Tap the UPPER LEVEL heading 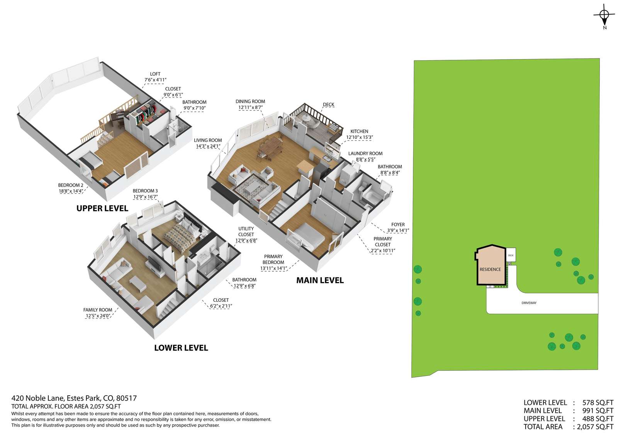click(102, 208)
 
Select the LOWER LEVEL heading click(181, 348)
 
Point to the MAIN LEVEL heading click(320, 280)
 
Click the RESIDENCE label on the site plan click(490, 269)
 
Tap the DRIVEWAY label click(529, 303)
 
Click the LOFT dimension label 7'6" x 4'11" click(155, 80)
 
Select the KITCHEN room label click(359, 131)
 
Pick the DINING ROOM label click(250, 102)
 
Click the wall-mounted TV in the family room click(154, 264)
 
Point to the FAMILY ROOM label click(98, 310)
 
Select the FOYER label click(398, 225)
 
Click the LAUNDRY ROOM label click(365, 153)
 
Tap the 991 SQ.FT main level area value click(598, 411)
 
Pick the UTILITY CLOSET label click(246, 231)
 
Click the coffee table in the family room click(138, 284)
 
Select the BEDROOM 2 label click(71, 185)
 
